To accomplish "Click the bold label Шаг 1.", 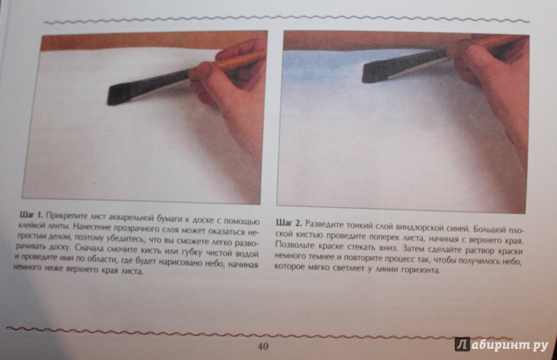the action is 31,214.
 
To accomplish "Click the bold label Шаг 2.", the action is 289,224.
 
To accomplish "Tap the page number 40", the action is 262,346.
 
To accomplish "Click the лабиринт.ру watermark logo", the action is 501,344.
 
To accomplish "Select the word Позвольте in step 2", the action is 293,244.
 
